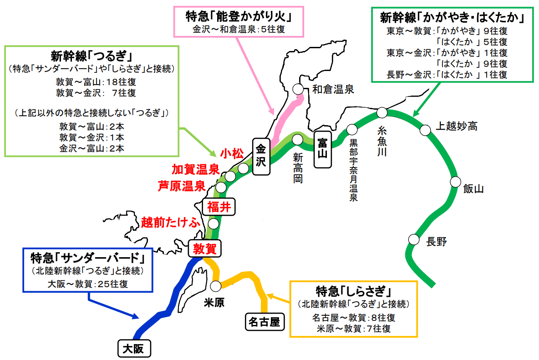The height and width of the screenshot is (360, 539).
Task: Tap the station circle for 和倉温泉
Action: pyautogui.click(x=298, y=89)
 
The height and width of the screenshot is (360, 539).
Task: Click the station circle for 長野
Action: pyautogui.click(x=413, y=239)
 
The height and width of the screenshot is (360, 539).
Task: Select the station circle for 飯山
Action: pyautogui.click(x=455, y=182)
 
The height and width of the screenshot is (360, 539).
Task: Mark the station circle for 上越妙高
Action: pyautogui.click(x=425, y=130)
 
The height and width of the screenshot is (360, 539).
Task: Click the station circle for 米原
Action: pyautogui.click(x=216, y=285)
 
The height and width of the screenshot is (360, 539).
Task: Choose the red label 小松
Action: pyautogui.click(x=232, y=153)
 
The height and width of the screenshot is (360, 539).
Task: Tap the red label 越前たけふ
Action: pyautogui.click(x=171, y=223)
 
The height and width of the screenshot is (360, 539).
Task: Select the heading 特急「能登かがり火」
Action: pyautogui.click(x=238, y=17)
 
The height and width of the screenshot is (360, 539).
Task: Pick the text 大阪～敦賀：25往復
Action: pyautogui.click(x=87, y=284)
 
